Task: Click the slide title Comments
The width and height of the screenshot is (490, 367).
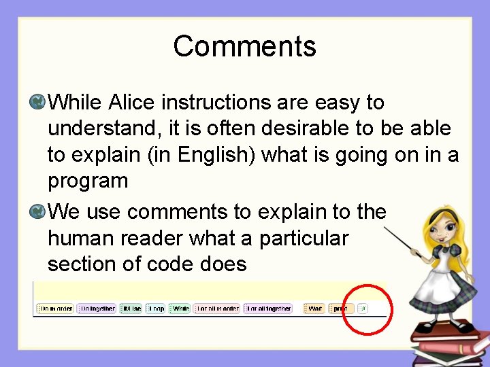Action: pyautogui.click(x=244, y=46)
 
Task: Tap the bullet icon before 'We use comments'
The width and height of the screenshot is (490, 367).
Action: pyautogui.click(x=38, y=212)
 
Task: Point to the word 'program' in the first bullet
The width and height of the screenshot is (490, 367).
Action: pyautogui.click(x=88, y=181)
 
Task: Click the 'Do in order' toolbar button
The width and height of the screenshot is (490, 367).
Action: pyautogui.click(x=55, y=309)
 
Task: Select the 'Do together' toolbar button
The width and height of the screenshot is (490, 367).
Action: pyautogui.click(x=96, y=309)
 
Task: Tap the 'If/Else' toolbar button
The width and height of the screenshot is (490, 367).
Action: pyautogui.click(x=131, y=309)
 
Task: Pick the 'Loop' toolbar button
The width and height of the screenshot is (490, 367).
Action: pyautogui.click(x=156, y=309)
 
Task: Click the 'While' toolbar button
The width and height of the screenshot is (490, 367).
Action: pyautogui.click(x=180, y=309)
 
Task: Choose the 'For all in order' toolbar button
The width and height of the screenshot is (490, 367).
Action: pyautogui.click(x=216, y=309)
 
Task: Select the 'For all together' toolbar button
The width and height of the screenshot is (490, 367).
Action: pyautogui.click(x=268, y=309)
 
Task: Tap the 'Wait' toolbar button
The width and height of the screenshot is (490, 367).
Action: pyautogui.click(x=314, y=309)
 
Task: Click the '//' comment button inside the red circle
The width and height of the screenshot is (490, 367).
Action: pyautogui.click(x=363, y=309)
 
